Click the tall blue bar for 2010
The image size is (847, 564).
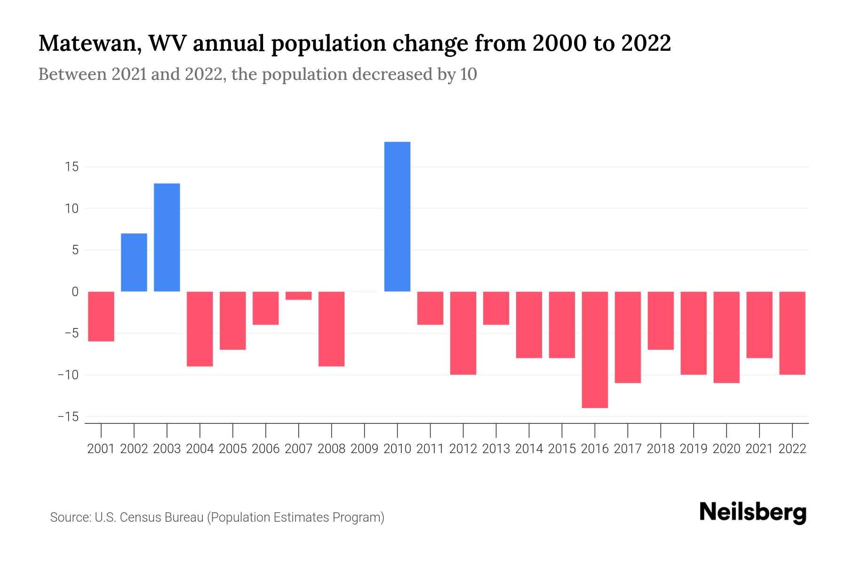click(397, 217)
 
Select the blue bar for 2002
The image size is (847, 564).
click(134, 262)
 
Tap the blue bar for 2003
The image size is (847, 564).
click(167, 237)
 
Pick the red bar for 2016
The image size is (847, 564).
click(595, 349)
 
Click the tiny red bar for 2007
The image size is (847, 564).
click(298, 296)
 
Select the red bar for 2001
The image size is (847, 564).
click(101, 316)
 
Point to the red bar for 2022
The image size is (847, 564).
click(792, 333)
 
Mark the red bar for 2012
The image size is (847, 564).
click(463, 333)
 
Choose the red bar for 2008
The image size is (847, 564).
click(331, 329)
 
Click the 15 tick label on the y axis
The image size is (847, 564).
click(72, 167)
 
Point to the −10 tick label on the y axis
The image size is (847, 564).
click(68, 375)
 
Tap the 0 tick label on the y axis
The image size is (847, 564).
click(75, 292)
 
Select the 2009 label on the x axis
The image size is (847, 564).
click(364, 449)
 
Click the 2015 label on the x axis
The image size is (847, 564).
click(562, 449)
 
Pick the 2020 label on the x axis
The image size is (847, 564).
click(727, 449)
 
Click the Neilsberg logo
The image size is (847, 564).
click(753, 512)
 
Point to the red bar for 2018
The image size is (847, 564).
click(661, 321)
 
